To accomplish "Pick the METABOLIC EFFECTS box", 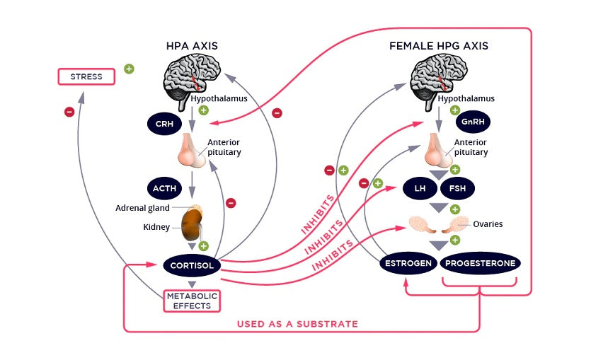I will click(192, 301).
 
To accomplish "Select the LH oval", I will click(420, 189).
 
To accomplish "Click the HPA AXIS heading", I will click(192, 46).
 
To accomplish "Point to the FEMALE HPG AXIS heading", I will click(439, 46).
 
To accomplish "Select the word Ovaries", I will click(488, 224).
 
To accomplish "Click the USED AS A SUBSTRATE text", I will click(297, 324).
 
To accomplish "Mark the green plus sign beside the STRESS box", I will click(129, 69).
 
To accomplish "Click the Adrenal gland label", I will click(142, 208).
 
